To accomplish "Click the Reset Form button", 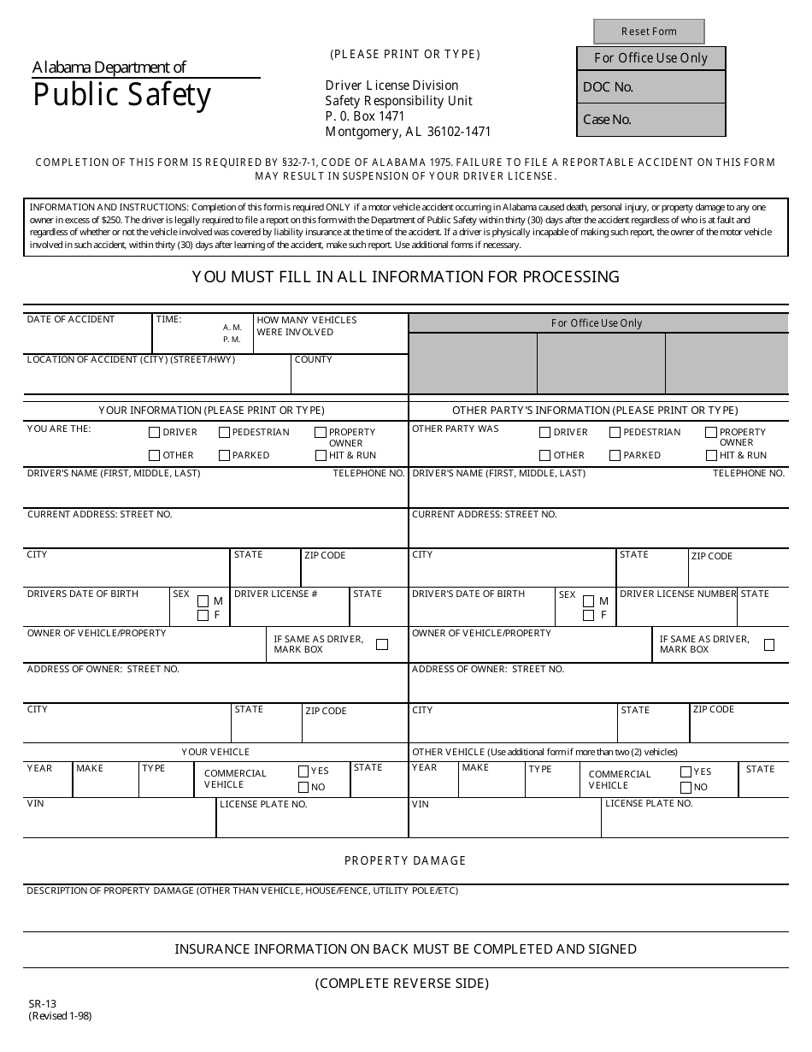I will coord(649,32).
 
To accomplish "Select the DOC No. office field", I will coord(651,87).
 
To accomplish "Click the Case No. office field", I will coord(651,120).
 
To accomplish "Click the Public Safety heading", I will coord(121,95).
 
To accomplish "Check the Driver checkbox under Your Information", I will coord(155,433).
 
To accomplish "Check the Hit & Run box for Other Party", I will coord(711,455).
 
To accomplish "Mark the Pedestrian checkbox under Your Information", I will coord(225,433).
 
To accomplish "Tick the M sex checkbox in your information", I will coord(203,601).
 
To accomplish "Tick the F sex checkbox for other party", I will coord(588,615).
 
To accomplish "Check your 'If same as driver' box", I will coord(382,644).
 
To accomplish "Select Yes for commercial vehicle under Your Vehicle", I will coord(303,771).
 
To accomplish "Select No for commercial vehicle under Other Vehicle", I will coord(685,787).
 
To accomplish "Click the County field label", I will coord(313,360).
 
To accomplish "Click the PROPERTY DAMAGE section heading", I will coord(405,860).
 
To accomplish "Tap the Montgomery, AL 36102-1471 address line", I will coord(408,132).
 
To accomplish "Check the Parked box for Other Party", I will coord(615,455).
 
